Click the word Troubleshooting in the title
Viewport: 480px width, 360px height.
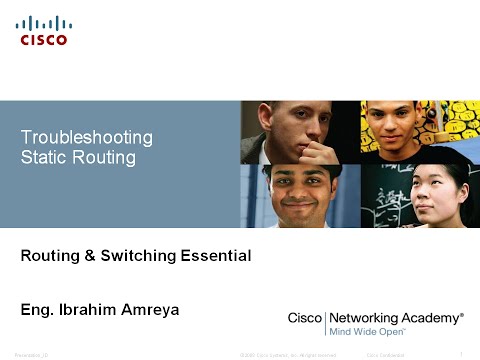point(87,137)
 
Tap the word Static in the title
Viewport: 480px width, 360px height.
point(41,157)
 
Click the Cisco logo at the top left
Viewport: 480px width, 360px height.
point(44,30)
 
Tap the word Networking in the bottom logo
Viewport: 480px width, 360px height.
point(367,317)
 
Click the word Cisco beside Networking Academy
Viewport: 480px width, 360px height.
point(304,317)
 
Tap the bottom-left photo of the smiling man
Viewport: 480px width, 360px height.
point(299,197)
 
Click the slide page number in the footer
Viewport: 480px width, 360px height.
point(457,354)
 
